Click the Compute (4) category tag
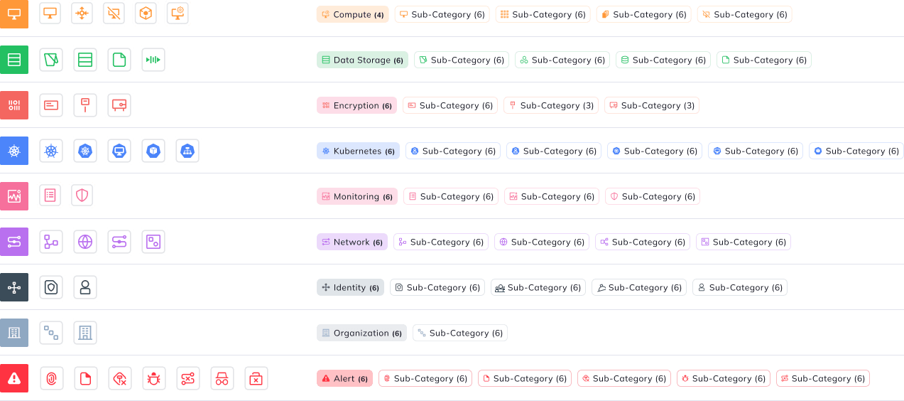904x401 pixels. click(x=352, y=14)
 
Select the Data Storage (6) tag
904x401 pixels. click(x=362, y=60)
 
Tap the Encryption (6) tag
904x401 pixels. click(x=356, y=105)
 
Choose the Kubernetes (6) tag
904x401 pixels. click(x=358, y=151)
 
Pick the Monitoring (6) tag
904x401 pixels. click(x=357, y=196)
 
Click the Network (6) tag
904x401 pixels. click(x=352, y=242)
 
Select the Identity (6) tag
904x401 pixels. click(x=350, y=287)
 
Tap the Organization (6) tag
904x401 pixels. click(x=361, y=333)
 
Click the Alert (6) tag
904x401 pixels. click(x=344, y=378)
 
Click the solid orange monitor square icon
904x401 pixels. click(x=14, y=14)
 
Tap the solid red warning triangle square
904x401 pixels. click(x=14, y=378)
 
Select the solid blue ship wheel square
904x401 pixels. click(x=14, y=151)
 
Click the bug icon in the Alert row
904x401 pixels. click(x=154, y=378)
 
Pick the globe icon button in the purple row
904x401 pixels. click(x=85, y=242)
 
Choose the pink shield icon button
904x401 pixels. click(x=82, y=196)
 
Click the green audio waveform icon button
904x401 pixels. click(x=153, y=60)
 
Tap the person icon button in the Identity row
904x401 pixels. click(x=85, y=287)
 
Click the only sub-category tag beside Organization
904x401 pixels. click(x=460, y=333)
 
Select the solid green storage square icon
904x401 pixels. click(x=14, y=60)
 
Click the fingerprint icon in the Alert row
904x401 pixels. click(x=52, y=378)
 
